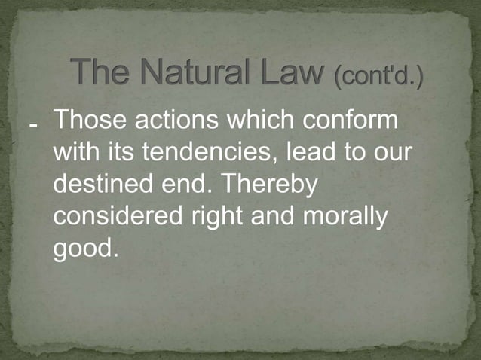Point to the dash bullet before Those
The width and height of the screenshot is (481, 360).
coord(34,125)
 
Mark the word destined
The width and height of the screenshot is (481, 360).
coord(100,185)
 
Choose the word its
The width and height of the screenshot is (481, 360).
coord(124,152)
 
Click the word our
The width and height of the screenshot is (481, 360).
coord(390,153)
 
